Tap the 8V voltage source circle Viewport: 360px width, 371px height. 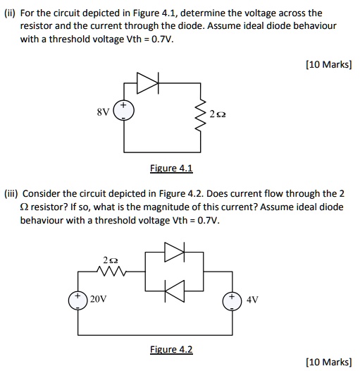(x=124, y=113)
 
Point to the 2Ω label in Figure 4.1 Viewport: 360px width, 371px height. (x=219, y=114)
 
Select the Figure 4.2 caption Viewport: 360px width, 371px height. (x=171, y=349)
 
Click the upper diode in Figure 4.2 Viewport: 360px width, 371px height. (x=173, y=252)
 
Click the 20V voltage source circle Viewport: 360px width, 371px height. (x=77, y=298)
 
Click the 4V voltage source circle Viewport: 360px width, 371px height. (x=232, y=298)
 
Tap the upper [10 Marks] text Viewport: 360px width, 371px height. (x=328, y=64)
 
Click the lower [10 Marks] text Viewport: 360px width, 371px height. (x=328, y=362)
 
